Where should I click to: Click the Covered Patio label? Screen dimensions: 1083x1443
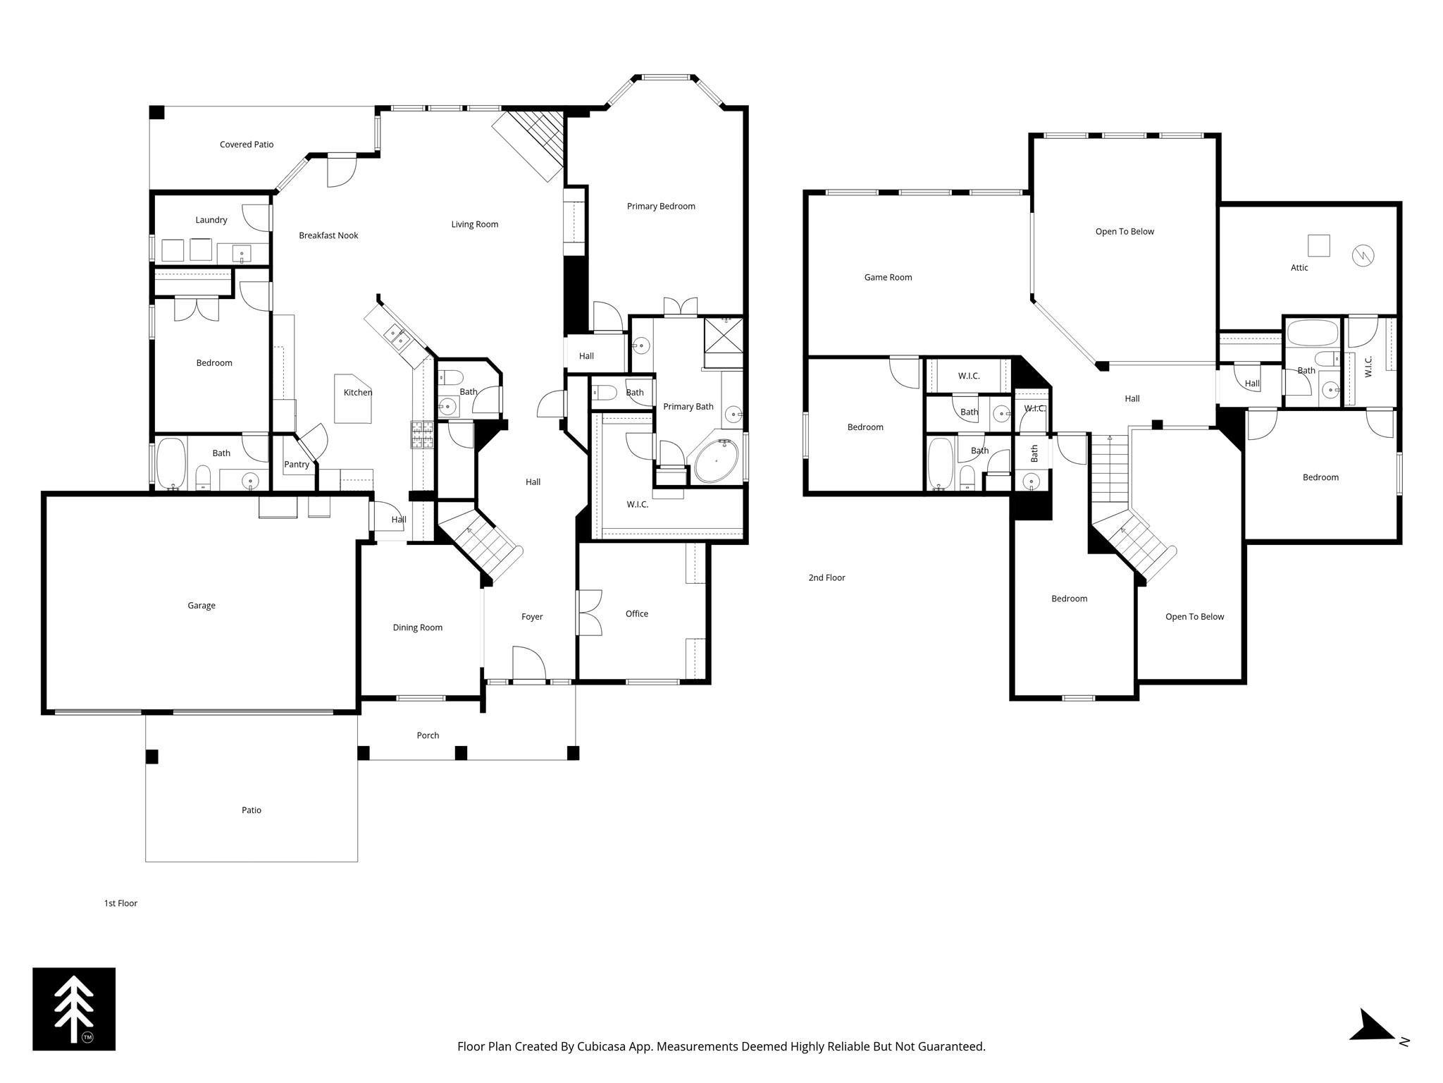246,145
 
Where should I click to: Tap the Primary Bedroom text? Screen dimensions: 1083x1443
660,207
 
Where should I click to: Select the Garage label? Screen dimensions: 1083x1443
201,606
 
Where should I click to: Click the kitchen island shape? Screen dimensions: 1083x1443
352,400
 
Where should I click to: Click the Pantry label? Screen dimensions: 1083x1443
297,465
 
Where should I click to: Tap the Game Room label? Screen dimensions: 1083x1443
888,278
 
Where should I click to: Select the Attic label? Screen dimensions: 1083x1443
1299,268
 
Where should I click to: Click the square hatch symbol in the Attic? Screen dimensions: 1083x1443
1318,245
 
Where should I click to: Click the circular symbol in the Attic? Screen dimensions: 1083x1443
1363,255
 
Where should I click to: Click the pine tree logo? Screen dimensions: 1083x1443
74,1009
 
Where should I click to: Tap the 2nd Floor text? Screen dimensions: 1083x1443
826,578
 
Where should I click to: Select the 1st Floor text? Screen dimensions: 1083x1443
120,903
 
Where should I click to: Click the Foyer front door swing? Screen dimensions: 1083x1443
528,665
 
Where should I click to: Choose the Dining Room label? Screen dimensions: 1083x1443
417,628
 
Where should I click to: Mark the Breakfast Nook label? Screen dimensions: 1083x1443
328,235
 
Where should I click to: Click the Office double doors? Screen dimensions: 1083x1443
589,613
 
